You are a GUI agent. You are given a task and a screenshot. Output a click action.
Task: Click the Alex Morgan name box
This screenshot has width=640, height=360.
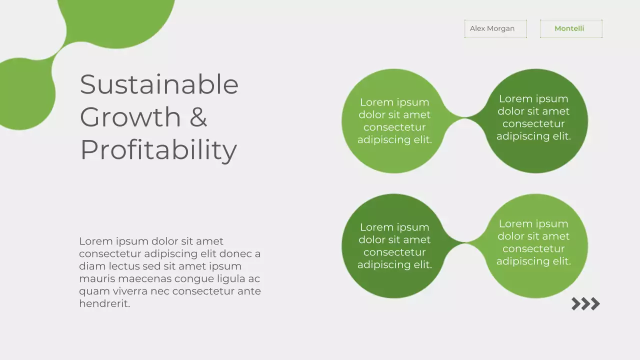[495, 28]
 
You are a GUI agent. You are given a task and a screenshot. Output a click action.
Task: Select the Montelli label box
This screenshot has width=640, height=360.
[570, 28]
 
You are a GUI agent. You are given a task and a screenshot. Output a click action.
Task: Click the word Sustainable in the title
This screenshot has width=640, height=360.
[159, 84]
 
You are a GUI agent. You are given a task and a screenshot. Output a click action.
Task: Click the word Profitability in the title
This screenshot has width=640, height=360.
[158, 149]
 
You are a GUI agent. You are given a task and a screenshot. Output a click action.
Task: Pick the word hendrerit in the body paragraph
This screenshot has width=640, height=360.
[104, 303]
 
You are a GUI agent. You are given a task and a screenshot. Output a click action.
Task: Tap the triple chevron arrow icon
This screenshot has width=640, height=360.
[585, 303]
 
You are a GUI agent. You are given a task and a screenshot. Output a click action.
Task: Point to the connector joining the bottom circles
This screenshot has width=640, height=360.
[465, 243]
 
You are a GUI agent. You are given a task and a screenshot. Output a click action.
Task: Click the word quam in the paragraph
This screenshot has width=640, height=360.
[93, 291]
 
